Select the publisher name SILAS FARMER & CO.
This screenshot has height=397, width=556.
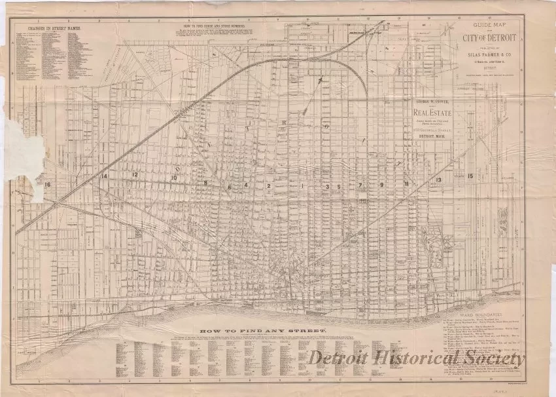click(495, 55)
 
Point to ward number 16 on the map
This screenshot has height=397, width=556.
click(47, 185)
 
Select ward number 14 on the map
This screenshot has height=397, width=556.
click(103, 176)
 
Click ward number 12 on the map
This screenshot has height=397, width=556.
click(134, 175)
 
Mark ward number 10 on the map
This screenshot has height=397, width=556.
click(174, 178)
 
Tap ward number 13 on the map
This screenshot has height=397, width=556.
click(439, 179)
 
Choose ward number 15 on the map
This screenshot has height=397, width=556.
click(470, 176)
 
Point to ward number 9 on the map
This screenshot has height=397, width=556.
click(381, 186)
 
